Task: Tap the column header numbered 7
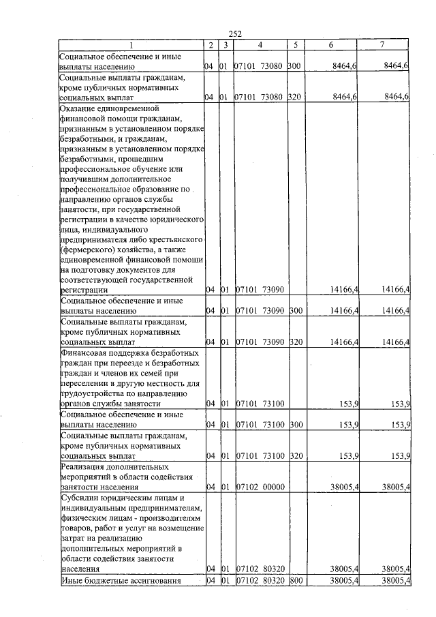[x=382, y=45]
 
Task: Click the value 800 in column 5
[x=295, y=580]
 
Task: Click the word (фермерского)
[x=90, y=250]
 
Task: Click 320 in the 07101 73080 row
[x=295, y=97]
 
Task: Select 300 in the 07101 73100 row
[x=295, y=425]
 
